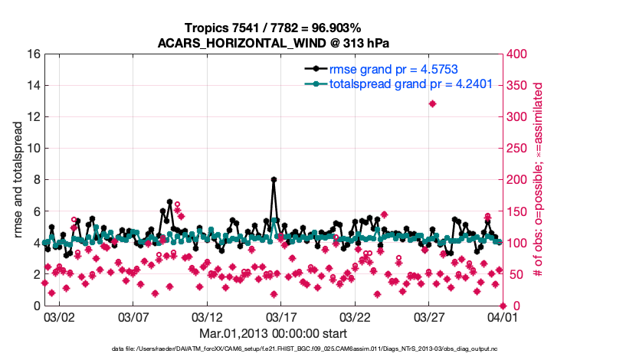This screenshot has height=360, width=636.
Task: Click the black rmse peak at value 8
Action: point(274,180)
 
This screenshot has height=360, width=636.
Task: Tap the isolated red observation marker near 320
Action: point(433,104)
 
